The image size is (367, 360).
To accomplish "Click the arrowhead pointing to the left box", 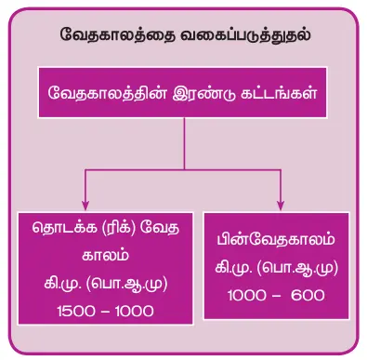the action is coord(86,206).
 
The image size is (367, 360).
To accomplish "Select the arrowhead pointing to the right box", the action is coord(280,206).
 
